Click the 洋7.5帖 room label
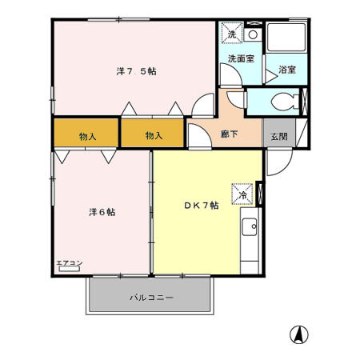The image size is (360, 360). [136, 71]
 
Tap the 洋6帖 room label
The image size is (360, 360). [101, 212]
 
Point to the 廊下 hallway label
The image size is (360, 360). [230, 135]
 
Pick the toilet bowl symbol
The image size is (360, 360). [275, 101]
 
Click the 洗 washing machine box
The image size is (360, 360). [232, 34]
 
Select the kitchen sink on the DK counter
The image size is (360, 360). [249, 226]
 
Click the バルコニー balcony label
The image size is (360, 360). [152, 297]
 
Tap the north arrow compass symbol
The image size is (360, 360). [298, 336]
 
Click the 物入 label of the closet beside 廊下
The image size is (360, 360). [154, 136]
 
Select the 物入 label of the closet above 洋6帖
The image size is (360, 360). [87, 136]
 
